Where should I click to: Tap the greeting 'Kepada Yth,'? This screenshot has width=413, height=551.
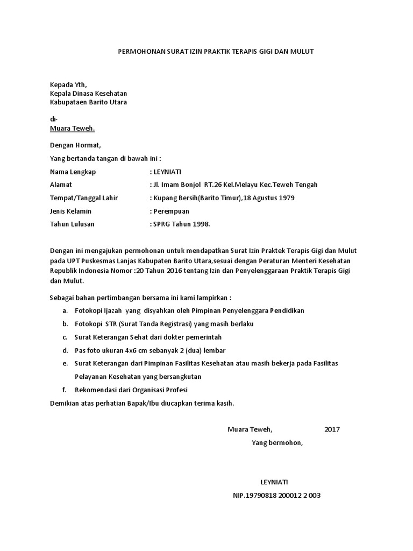coord(68,84)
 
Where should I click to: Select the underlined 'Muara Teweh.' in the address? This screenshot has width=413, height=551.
coord(72,129)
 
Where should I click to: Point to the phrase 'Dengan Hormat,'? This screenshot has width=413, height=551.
coord(75,145)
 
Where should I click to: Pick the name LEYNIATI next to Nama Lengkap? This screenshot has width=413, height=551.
coord(168,172)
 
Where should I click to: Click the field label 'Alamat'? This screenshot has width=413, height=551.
coord(60,185)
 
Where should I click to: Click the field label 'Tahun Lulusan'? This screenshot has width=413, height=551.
coord(72,224)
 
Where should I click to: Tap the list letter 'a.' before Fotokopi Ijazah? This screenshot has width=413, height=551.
coord(65,311)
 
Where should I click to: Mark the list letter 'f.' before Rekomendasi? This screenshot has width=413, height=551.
coord(65,390)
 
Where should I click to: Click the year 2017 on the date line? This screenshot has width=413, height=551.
coord(332,429)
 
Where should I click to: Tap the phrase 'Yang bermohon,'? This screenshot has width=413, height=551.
coord(277,443)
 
